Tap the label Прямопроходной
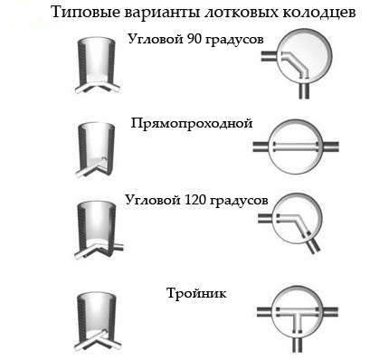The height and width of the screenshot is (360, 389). [x=190, y=122]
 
